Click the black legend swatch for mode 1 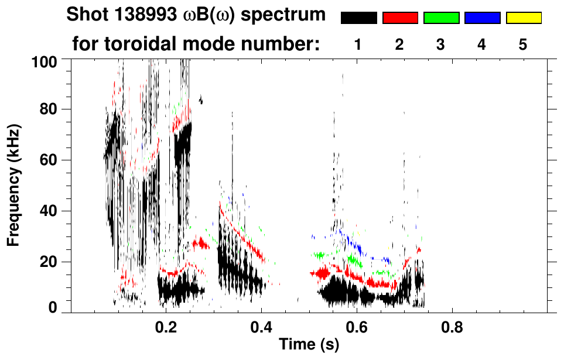click(358, 18)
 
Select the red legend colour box click(400, 18)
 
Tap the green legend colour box click(441, 18)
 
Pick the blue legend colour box click(482, 18)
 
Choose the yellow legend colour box click(523, 18)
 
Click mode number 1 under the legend click(358, 44)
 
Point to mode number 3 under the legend click(441, 44)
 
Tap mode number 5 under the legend click(523, 44)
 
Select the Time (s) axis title click(308, 345)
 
